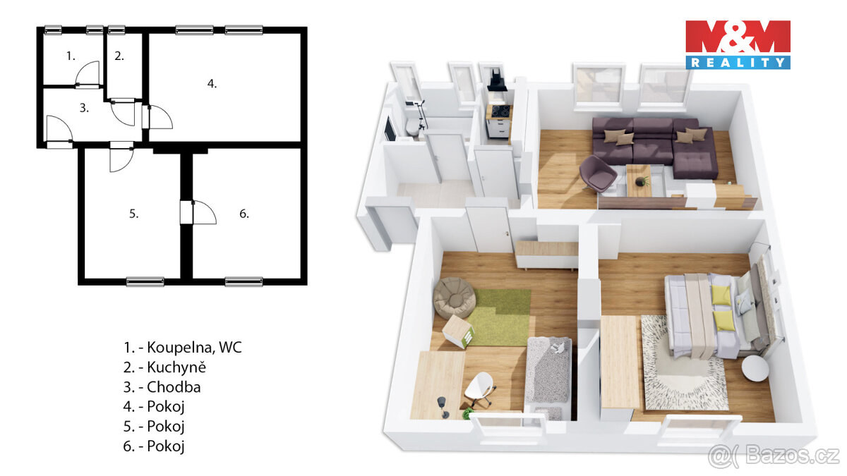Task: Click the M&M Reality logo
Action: [738, 44]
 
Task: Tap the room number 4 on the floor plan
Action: [212, 84]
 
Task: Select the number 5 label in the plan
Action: [134, 214]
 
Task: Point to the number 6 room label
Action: [244, 214]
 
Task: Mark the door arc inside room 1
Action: [88, 74]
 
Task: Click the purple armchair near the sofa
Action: [597, 173]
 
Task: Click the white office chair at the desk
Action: [479, 389]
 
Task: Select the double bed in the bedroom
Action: [713, 314]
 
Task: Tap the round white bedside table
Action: [757, 368]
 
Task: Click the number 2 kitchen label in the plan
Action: [119, 56]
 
